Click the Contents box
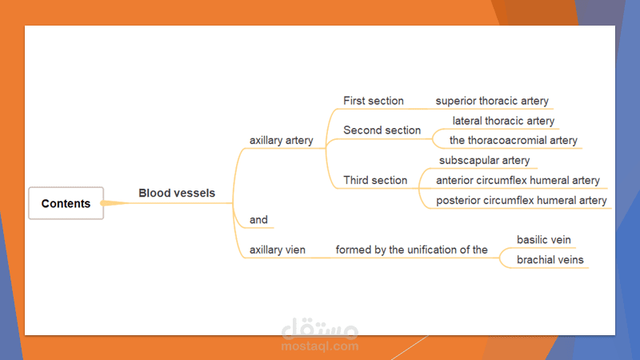(66, 203)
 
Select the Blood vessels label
(177, 193)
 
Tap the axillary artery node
(282, 141)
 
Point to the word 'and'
(258, 219)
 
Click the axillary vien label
(278, 250)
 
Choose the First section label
(374, 101)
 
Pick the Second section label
(382, 130)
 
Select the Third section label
(375, 181)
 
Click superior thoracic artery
(492, 101)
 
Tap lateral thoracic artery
(503, 121)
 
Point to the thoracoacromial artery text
(514, 141)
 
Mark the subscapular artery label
(485, 161)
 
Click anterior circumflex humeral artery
(518, 181)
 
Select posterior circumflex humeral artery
(522, 201)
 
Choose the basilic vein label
(544, 239)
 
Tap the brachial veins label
(550, 259)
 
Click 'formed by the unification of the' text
(411, 250)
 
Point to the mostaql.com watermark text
(320, 346)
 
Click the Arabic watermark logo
(320, 329)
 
